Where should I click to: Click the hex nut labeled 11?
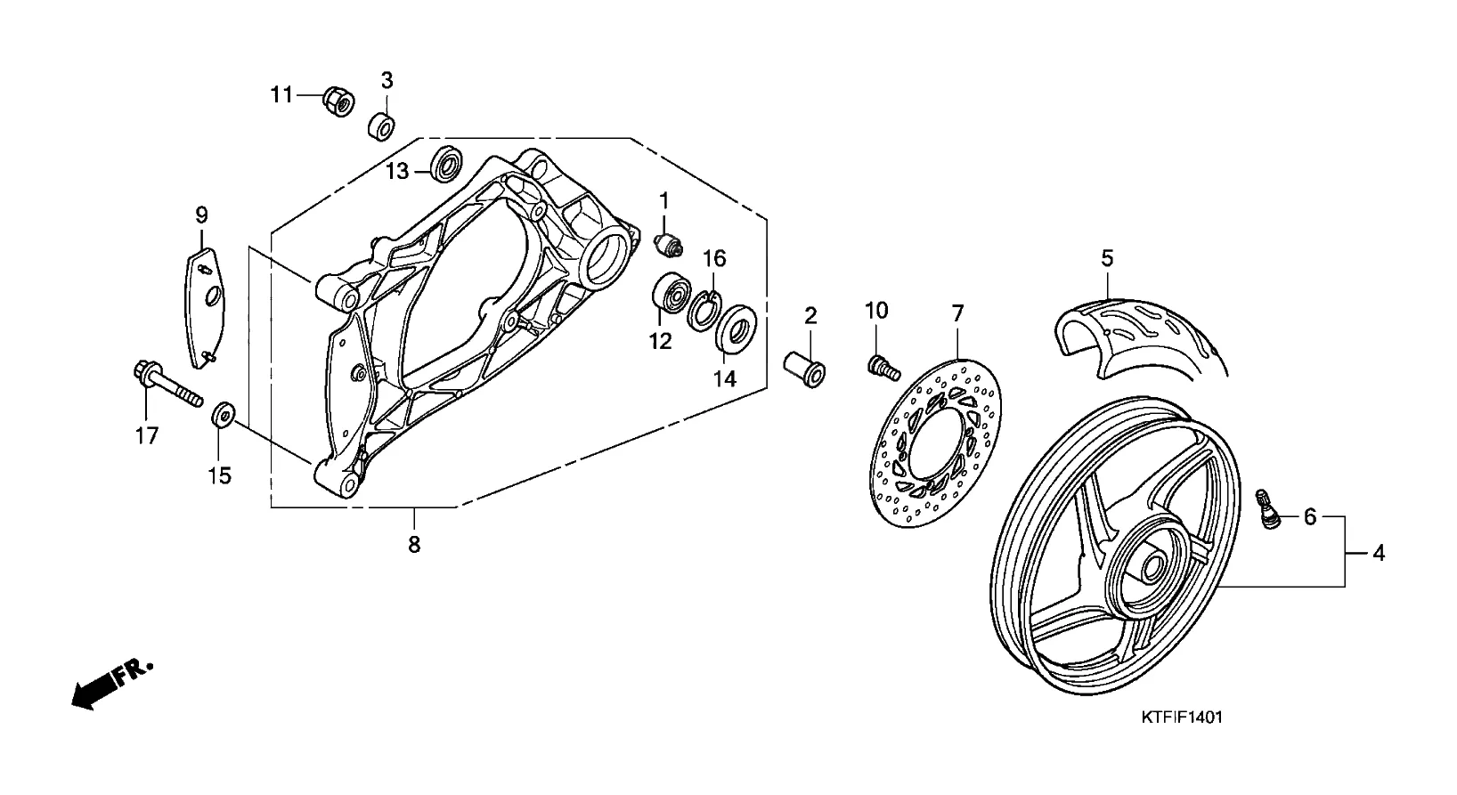tap(338, 101)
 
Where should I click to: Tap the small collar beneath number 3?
tap(382, 126)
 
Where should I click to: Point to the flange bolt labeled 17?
tap(167, 383)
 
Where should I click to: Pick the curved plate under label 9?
tap(204, 307)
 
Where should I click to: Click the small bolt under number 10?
tap(883, 367)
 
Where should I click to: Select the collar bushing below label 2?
tap(805, 369)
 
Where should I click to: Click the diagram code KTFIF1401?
tap(1182, 717)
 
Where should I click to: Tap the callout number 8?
tap(414, 545)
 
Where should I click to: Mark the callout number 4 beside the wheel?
tap(1379, 553)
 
